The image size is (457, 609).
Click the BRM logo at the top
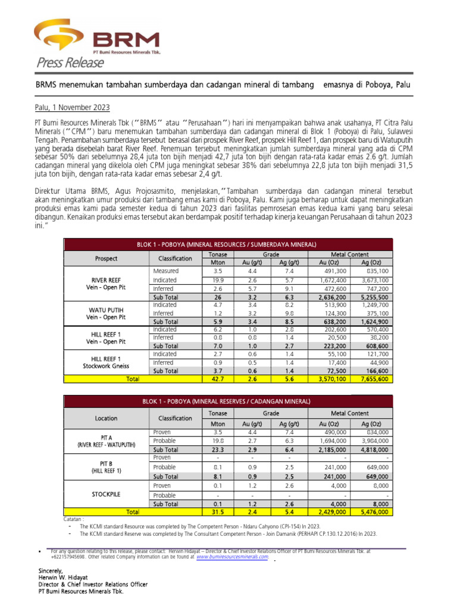coord(98,37)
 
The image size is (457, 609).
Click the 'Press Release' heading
coord(65,63)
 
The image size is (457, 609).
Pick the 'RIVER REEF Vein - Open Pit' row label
coord(106,283)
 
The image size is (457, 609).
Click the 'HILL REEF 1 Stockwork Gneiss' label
coord(106,362)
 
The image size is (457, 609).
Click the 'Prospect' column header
coord(106,259)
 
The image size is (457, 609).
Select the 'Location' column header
coord(106,418)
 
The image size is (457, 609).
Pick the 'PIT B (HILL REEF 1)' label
coord(106,467)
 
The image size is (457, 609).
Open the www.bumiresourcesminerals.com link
coord(232,557)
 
